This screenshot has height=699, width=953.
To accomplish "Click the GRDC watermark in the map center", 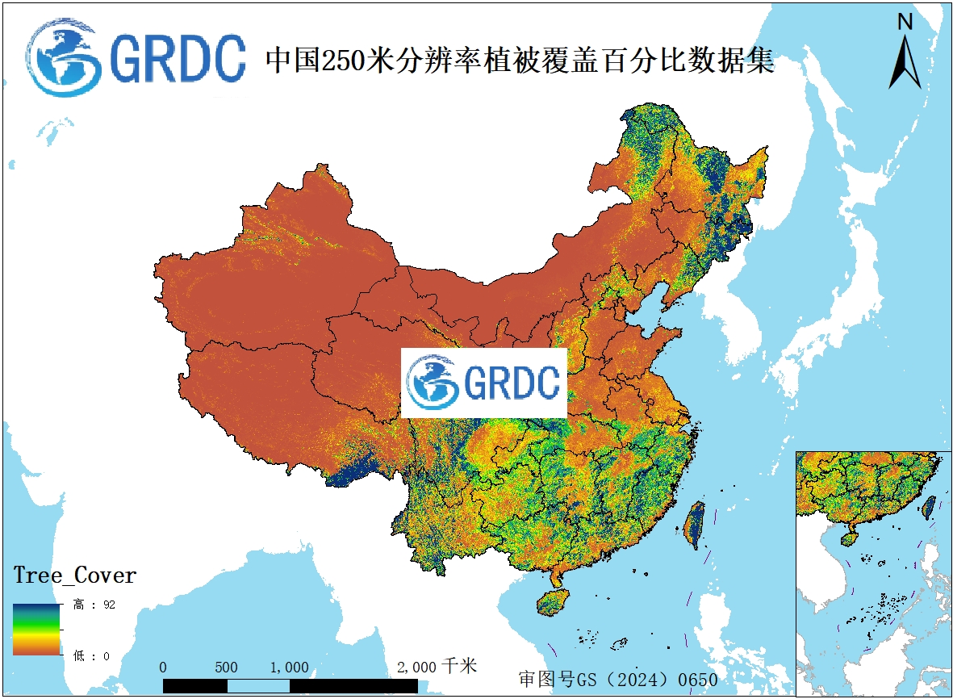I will (x=484, y=383).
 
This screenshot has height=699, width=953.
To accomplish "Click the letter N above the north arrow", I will (x=905, y=22).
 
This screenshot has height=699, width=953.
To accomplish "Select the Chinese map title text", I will (x=520, y=61).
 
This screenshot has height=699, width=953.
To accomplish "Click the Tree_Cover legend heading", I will (x=75, y=576).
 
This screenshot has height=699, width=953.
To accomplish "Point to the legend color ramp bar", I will (x=36, y=629).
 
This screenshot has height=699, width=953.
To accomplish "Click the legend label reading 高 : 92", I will (x=94, y=605).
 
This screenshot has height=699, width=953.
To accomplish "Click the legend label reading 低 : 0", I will (x=91, y=656).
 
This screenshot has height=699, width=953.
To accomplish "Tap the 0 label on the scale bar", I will (x=164, y=668).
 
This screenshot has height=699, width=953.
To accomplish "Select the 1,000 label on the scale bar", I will (x=289, y=668).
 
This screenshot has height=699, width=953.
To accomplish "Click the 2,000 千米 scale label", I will (x=437, y=666).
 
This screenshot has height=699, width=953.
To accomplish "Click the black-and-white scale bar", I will (x=290, y=685).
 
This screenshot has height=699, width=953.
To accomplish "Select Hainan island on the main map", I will (x=553, y=602).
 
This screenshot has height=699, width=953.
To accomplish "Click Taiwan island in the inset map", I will (x=928, y=507).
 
